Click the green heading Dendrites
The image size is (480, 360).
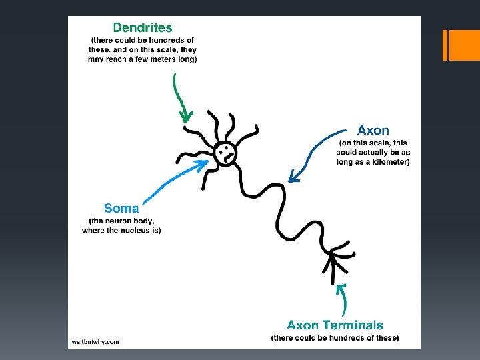143,28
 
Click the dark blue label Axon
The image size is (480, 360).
373,131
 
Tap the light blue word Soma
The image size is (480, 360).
121,208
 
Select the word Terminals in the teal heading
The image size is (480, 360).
354,325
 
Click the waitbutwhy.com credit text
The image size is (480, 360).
95,342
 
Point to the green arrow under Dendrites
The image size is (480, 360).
179,99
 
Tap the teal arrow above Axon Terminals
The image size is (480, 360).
343,299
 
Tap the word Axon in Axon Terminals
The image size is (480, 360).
303,325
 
